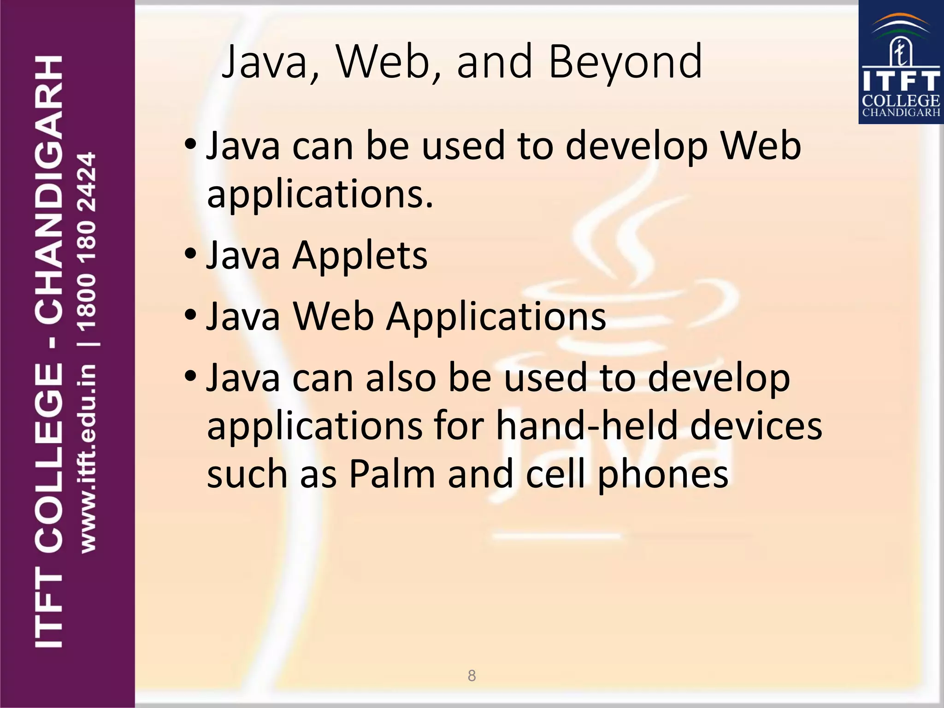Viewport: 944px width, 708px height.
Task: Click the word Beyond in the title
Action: point(625,62)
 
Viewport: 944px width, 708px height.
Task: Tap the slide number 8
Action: point(472,676)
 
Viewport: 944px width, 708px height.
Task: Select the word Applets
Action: point(360,255)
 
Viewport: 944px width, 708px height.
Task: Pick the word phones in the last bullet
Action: point(663,475)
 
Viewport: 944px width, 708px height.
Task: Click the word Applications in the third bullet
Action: point(496,317)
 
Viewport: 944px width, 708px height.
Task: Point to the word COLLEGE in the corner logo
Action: point(901,100)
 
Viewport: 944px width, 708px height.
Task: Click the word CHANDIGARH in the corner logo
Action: point(901,112)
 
